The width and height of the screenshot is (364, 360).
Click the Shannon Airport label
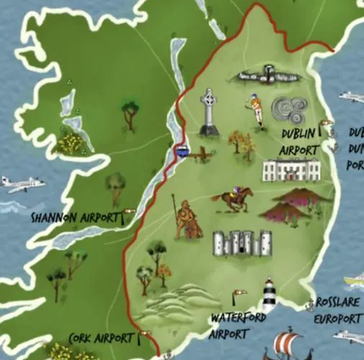75,216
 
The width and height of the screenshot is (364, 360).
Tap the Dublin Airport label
299,142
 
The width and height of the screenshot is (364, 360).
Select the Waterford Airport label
238,324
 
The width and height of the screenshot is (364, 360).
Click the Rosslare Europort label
337,310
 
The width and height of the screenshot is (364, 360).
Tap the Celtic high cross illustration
209,112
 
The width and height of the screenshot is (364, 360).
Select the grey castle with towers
242,243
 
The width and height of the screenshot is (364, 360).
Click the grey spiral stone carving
290,110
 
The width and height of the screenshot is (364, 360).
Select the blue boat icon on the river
181,150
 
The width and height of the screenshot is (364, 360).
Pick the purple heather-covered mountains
294,203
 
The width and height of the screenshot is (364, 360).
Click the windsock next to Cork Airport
146,333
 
